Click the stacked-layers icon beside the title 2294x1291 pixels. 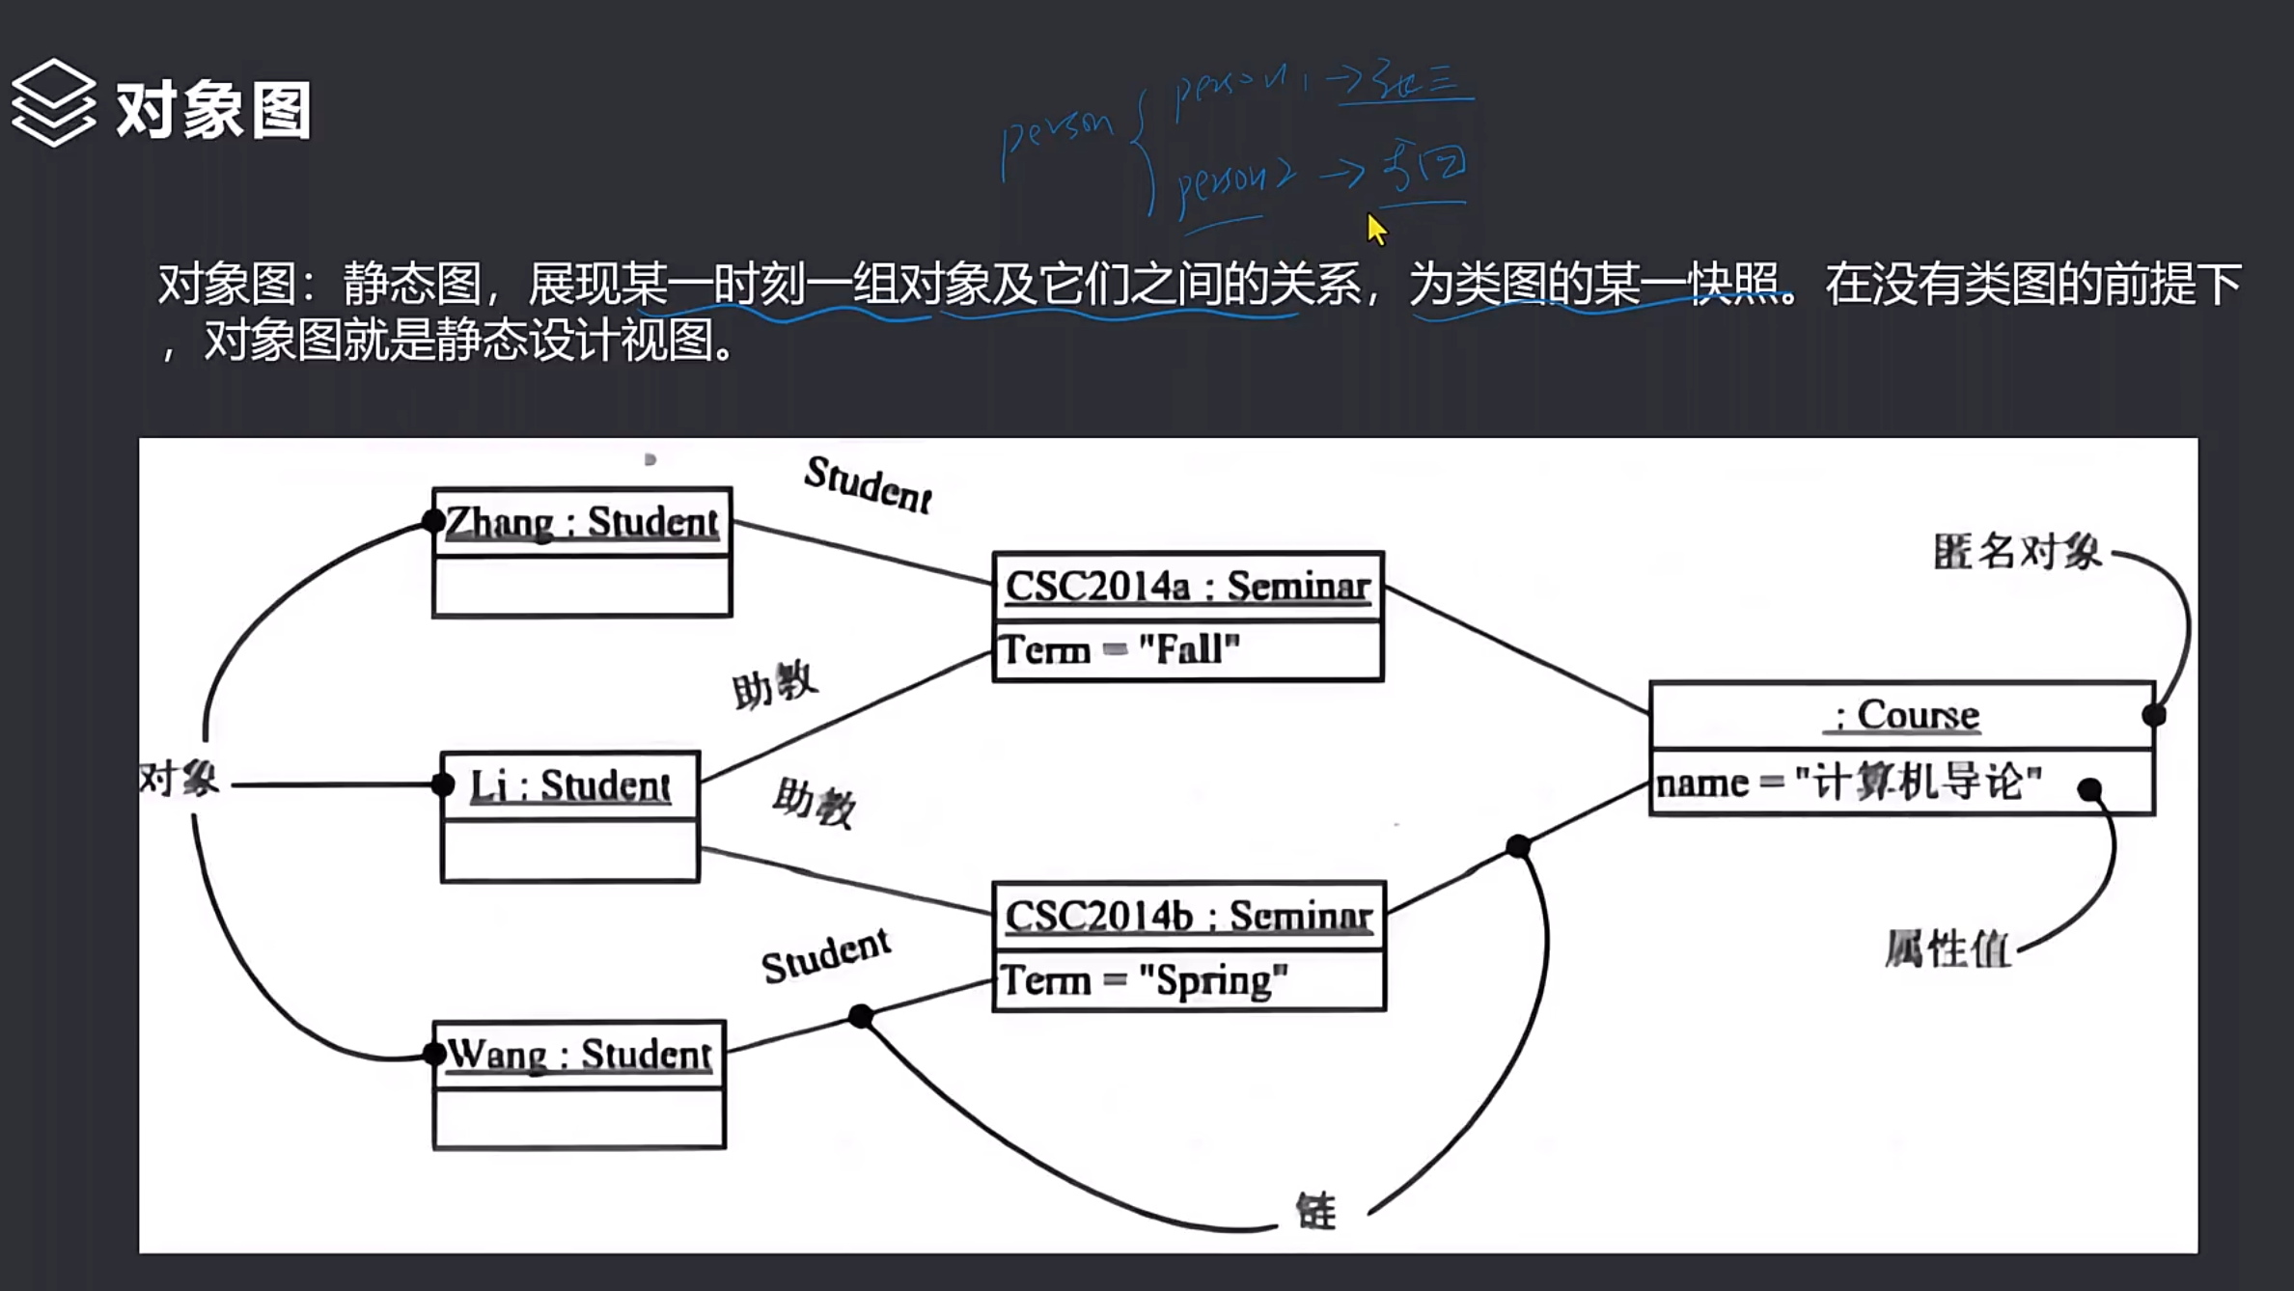pyautogui.click(x=53, y=103)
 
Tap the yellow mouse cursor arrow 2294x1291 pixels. pyautogui.click(x=1376, y=230)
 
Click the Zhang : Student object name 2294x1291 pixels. pyautogui.click(x=582, y=522)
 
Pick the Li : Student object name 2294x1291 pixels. pyautogui.click(x=569, y=785)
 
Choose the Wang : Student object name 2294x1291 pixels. pyautogui.click(x=579, y=1054)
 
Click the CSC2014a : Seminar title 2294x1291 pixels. pyautogui.click(x=1188, y=586)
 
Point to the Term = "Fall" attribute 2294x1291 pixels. pyautogui.click(x=1119, y=649)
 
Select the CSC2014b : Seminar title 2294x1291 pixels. pyautogui.click(x=1188, y=916)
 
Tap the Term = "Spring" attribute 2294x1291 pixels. pyautogui.click(x=1145, y=980)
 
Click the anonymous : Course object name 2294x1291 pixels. pyautogui.click(x=1901, y=715)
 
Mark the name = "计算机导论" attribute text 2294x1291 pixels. pyautogui.click(x=1848, y=783)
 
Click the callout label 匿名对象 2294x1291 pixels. pyautogui.click(x=2017, y=552)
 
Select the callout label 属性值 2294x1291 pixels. pyautogui.click(x=1948, y=949)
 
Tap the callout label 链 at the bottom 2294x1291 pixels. pyautogui.click(x=1316, y=1211)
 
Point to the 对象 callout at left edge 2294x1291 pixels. pyautogui.click(x=180, y=779)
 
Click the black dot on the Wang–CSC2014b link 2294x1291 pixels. pyautogui.click(x=861, y=1016)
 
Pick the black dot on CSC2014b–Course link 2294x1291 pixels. pyautogui.click(x=1518, y=846)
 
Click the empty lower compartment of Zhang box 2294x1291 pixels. pyautogui.click(x=582, y=586)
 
